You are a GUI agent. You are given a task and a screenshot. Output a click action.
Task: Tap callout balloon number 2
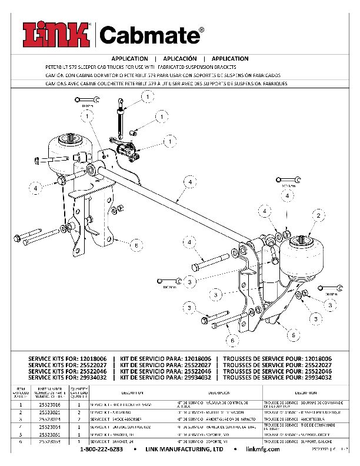[318, 217]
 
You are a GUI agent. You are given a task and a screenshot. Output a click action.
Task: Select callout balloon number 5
[290, 334]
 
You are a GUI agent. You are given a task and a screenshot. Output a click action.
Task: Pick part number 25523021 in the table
[49, 414]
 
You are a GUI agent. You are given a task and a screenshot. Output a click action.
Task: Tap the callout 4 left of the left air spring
[36, 188]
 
